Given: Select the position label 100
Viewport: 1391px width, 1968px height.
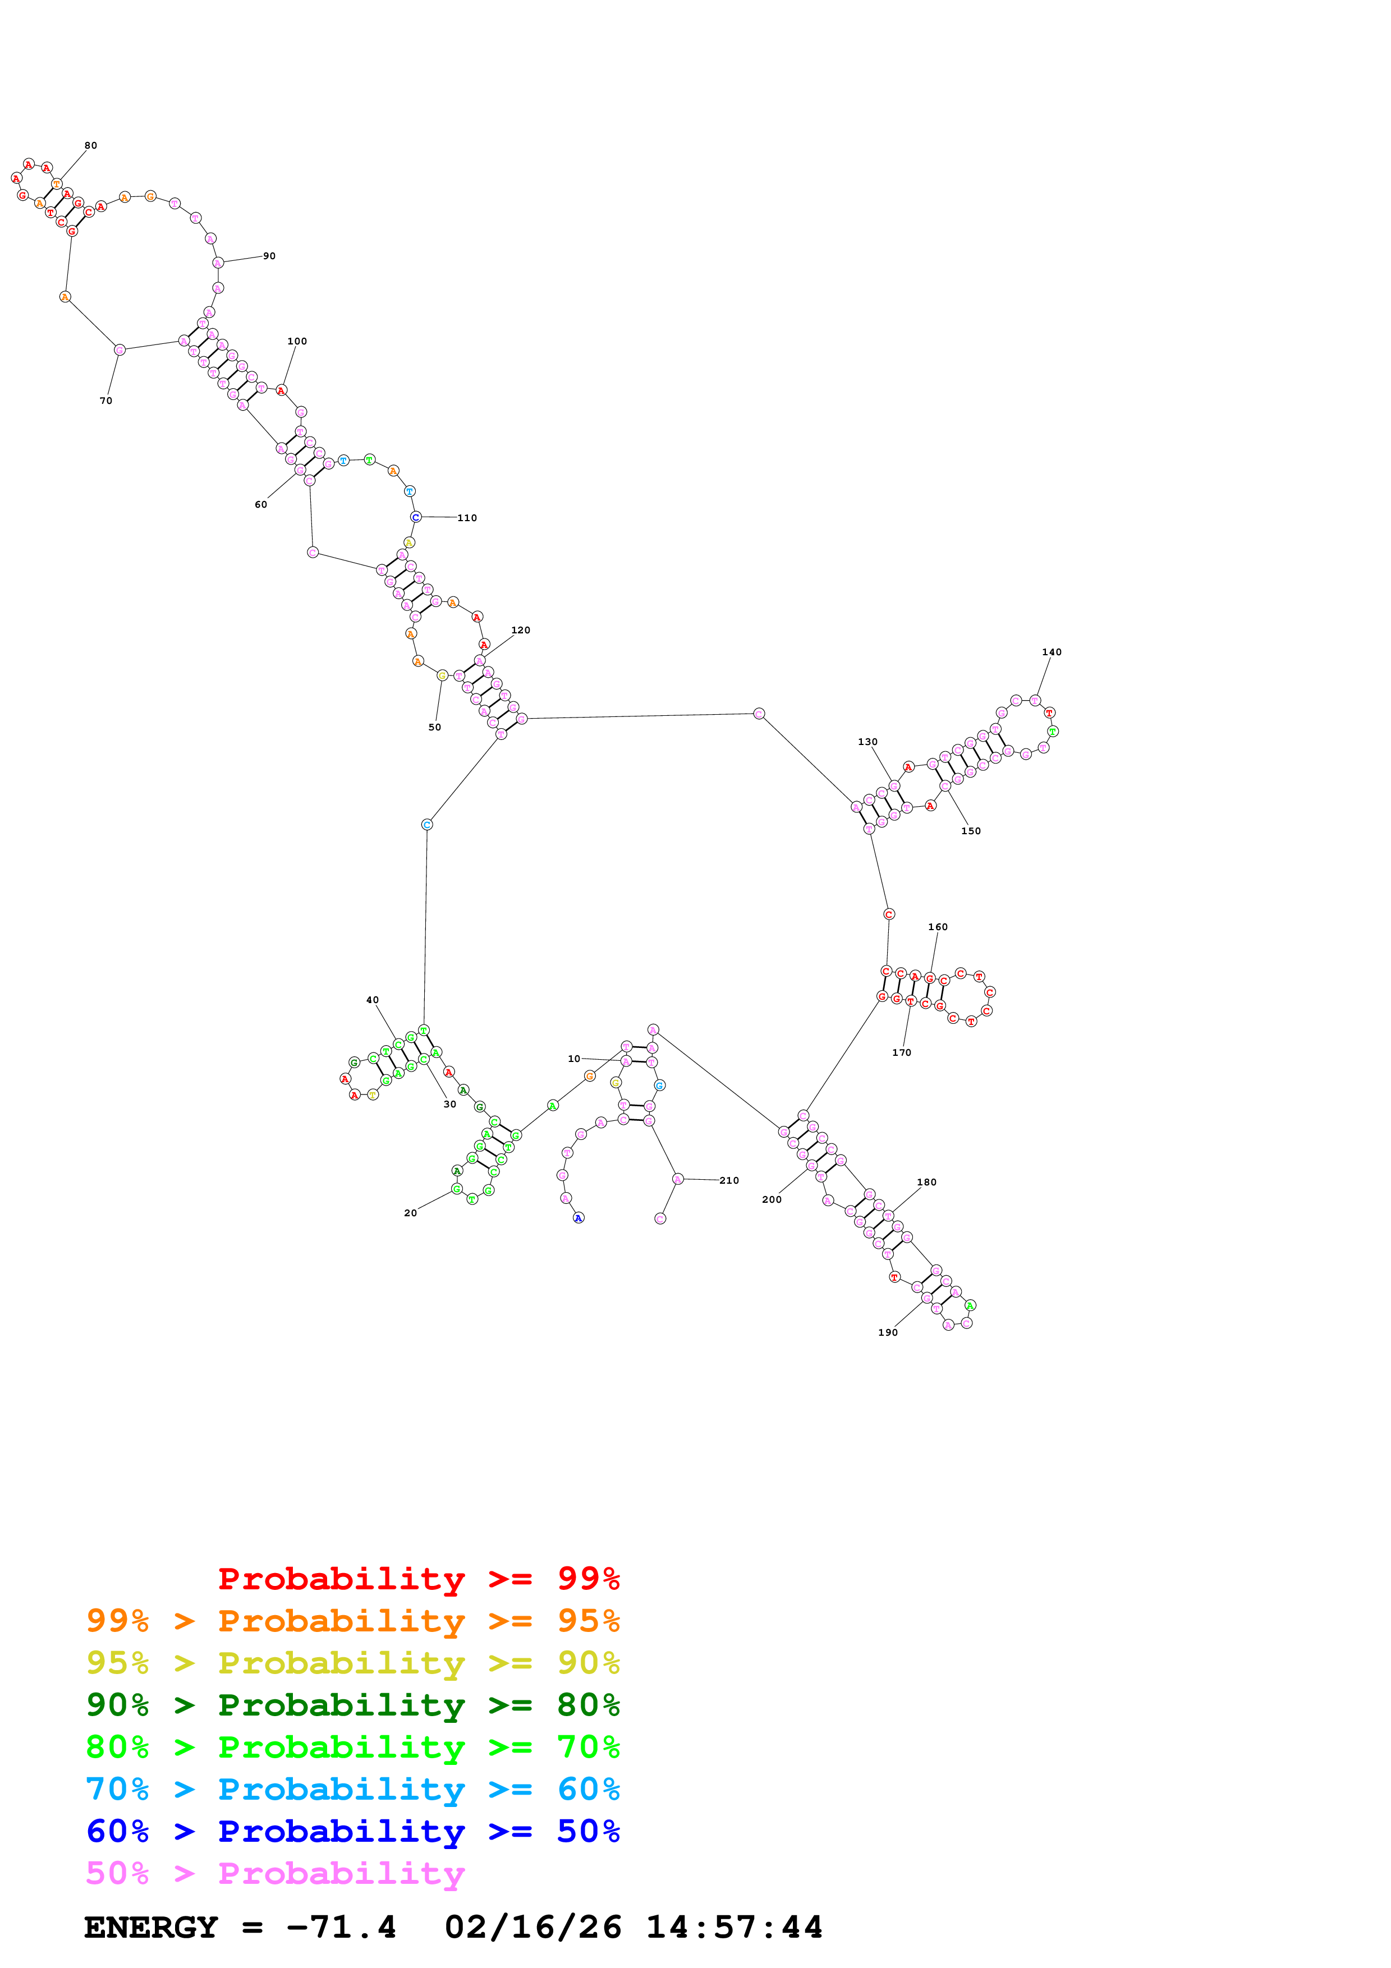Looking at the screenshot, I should click(x=296, y=341).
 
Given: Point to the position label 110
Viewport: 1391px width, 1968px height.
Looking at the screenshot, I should click(x=467, y=518).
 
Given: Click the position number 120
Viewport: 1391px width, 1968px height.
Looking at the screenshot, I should click(x=520, y=630).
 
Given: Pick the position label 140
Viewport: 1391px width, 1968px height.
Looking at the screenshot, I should click(x=1052, y=652).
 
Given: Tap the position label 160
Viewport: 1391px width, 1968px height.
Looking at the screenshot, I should click(x=938, y=927).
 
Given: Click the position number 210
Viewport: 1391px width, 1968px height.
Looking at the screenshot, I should click(x=728, y=1181).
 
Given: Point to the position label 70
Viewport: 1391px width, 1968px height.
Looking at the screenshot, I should click(x=105, y=401).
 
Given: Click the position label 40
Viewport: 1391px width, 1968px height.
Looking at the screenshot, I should click(x=372, y=1000).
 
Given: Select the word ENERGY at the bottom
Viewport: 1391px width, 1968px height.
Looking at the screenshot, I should click(x=151, y=1928).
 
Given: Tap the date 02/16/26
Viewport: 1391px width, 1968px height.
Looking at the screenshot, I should click(x=533, y=1928).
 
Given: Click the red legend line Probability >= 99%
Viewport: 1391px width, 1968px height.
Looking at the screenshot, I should click(x=418, y=1579).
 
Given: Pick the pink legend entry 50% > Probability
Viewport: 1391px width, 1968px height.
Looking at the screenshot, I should click(x=275, y=1874).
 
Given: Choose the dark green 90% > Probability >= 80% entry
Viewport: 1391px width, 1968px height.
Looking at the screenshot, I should click(x=352, y=1705).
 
